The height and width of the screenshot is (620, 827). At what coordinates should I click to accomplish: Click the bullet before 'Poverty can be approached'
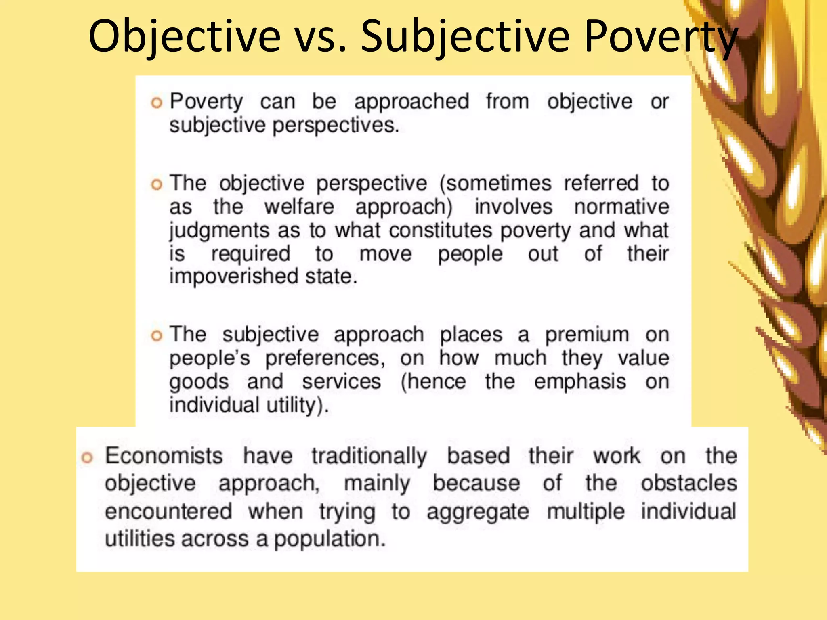click(x=156, y=103)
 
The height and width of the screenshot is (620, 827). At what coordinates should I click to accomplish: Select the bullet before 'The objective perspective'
click(x=156, y=185)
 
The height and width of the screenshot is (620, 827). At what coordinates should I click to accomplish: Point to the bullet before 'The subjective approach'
click(x=156, y=336)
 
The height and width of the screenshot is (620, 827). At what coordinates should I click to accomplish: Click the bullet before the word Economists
click(x=87, y=457)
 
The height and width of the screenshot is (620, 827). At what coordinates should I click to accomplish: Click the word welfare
click(x=299, y=207)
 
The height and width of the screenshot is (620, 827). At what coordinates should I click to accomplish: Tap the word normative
click(x=621, y=207)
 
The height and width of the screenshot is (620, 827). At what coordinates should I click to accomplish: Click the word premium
click(x=587, y=335)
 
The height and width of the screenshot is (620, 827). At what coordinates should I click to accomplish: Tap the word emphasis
click(x=580, y=382)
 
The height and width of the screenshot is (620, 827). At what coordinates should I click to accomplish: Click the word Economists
click(x=164, y=456)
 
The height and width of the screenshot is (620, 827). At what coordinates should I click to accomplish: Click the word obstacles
click(x=689, y=483)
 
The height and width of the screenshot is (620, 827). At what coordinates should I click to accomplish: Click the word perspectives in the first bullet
click(x=336, y=126)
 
